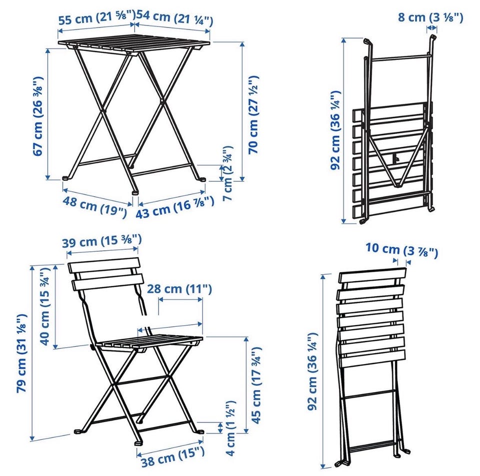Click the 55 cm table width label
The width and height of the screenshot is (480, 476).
click(x=96, y=18)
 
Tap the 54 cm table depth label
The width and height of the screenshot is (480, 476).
click(x=174, y=18)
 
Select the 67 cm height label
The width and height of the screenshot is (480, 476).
click(x=38, y=116)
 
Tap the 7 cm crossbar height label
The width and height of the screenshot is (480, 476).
click(x=228, y=173)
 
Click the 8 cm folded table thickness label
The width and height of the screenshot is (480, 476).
click(x=430, y=17)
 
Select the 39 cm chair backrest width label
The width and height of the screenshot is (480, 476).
click(x=102, y=241)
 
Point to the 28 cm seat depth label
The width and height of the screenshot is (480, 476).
click(x=179, y=289)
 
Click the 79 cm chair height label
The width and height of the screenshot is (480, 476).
click(x=22, y=353)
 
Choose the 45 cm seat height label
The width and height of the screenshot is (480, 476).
click(x=256, y=385)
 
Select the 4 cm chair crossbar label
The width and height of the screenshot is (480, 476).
click(x=230, y=428)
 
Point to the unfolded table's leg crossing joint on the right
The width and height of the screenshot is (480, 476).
click(x=161, y=100)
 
